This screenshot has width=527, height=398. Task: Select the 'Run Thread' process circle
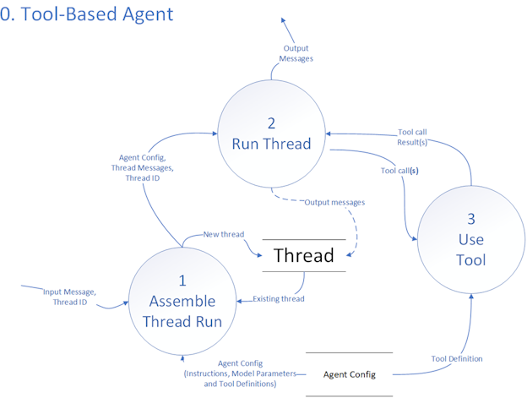coord(273,135)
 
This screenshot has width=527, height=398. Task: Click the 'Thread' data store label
coord(304,255)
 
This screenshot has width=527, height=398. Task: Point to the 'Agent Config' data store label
coord(349,374)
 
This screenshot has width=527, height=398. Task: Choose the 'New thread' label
coord(225,234)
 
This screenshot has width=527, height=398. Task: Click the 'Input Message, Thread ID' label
coord(70,297)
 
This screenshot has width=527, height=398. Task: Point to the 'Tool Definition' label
coord(457,359)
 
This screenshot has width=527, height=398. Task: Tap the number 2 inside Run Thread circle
coord(272,123)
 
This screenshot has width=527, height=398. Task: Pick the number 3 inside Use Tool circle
coord(471,219)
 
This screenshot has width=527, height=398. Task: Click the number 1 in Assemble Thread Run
coord(182,282)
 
